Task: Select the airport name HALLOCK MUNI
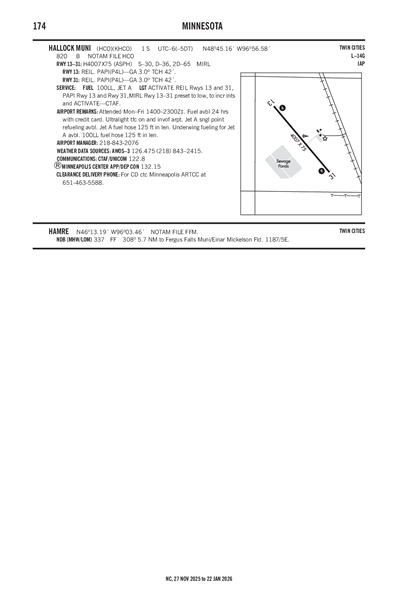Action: coord(70,48)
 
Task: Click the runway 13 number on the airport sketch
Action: coord(272,103)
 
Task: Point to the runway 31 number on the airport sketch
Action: coord(331,176)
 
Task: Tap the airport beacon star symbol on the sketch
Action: coord(323,137)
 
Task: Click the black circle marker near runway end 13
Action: coord(282,108)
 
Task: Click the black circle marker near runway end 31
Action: coord(322,171)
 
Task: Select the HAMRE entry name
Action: coord(59,231)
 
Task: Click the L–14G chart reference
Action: coord(357,56)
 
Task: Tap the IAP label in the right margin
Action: coord(360,64)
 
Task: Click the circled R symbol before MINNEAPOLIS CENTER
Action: coord(58,166)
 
